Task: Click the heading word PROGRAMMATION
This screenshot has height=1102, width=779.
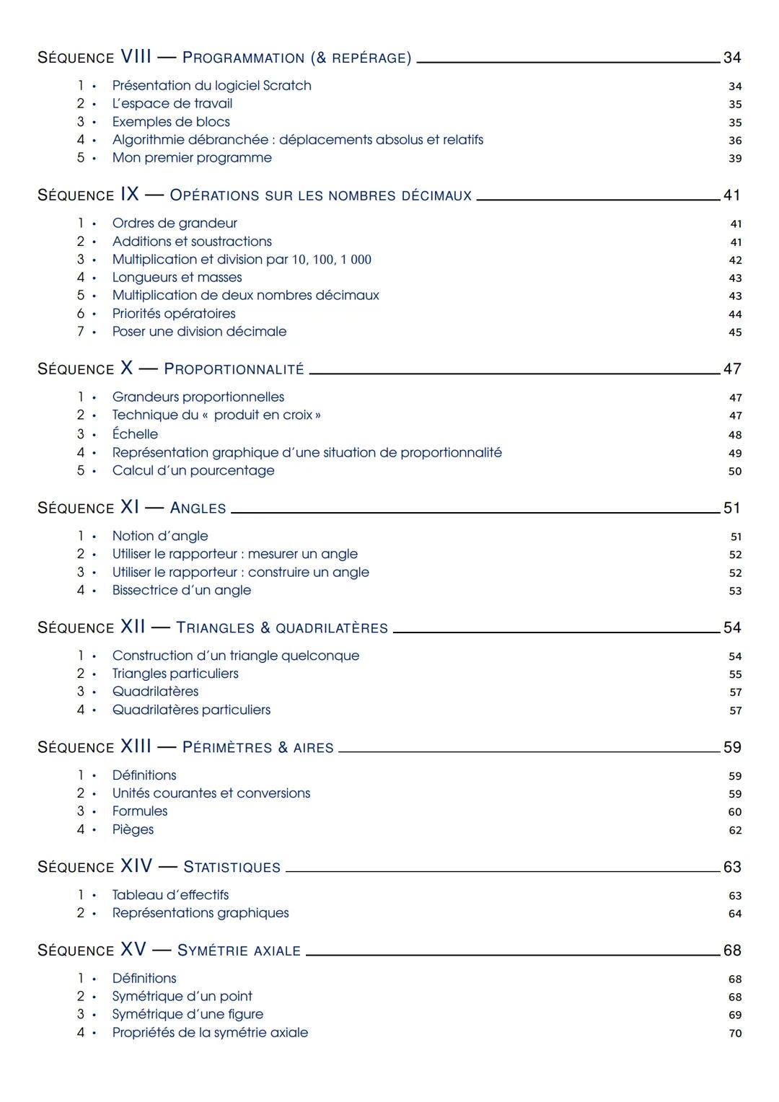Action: pos(243,58)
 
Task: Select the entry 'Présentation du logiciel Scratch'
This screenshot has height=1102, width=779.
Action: pos(211,85)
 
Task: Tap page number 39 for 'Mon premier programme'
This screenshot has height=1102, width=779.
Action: pos(734,159)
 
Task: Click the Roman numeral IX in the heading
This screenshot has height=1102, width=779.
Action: pos(130,195)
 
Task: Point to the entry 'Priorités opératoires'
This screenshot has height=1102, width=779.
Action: pos(174,314)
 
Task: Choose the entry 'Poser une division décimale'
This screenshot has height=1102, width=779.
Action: pos(199,332)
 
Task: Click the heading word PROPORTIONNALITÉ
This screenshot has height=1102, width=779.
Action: pos(234,369)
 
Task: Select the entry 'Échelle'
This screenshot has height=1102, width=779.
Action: pos(135,434)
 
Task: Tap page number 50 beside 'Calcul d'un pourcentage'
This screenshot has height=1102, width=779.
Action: pos(734,472)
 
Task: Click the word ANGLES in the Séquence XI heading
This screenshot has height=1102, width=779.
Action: pos(198,508)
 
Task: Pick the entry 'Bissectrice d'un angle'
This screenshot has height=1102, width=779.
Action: pos(182,590)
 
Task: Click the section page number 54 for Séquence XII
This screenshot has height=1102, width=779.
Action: pos(732,628)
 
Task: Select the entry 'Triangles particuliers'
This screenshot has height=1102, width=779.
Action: pos(175,674)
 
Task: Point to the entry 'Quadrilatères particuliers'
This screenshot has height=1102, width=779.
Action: pos(191,710)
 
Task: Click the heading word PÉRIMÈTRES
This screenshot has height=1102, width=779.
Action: pos(226,748)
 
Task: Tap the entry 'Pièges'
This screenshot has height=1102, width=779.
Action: pos(133,829)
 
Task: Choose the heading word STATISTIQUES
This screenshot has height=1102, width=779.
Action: pos(232,868)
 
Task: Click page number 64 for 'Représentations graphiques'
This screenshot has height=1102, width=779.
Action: pos(734,914)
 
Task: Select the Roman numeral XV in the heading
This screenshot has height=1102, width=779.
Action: pos(133,950)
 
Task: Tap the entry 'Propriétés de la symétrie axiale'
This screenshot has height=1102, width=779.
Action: pos(210,1033)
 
